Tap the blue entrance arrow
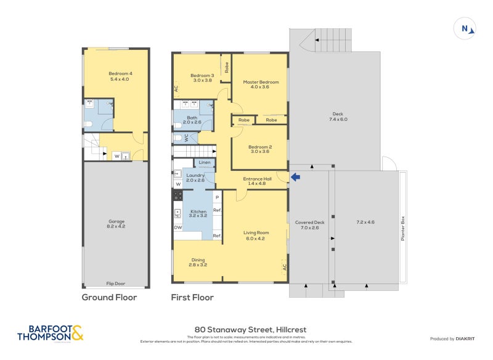click(x=295, y=178)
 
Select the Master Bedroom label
click(x=258, y=85)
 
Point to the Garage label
click(x=116, y=224)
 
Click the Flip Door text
click(x=116, y=284)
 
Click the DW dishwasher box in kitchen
click(x=178, y=227)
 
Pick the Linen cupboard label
click(x=205, y=163)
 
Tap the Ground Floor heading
click(x=110, y=298)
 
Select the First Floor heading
click(x=192, y=298)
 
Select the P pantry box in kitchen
click(x=217, y=197)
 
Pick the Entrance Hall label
click(x=255, y=181)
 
